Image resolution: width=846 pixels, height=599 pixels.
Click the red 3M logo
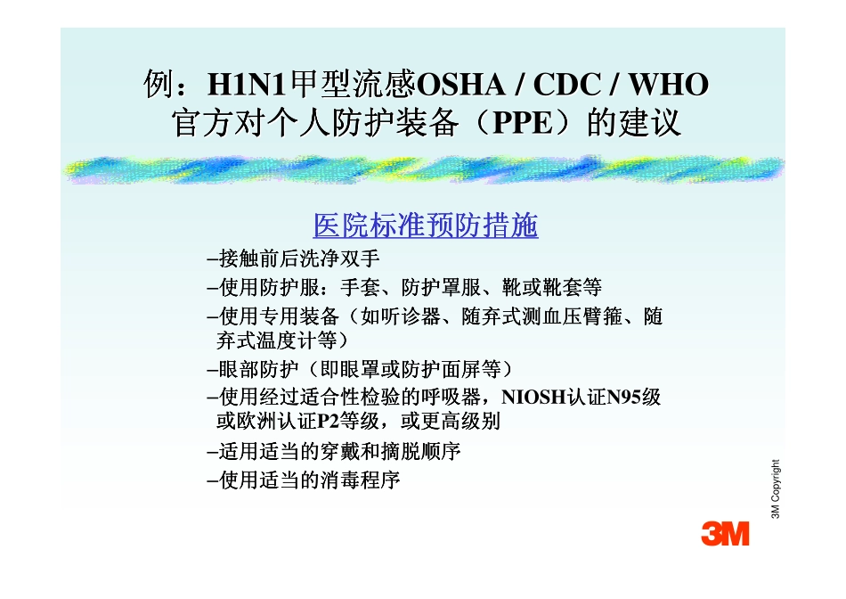[724, 533]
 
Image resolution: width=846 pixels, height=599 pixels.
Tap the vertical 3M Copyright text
[776, 488]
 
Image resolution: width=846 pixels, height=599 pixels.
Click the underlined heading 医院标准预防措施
[426, 226]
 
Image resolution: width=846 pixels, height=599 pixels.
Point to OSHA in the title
[458, 86]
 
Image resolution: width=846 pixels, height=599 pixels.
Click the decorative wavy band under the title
[422, 169]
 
